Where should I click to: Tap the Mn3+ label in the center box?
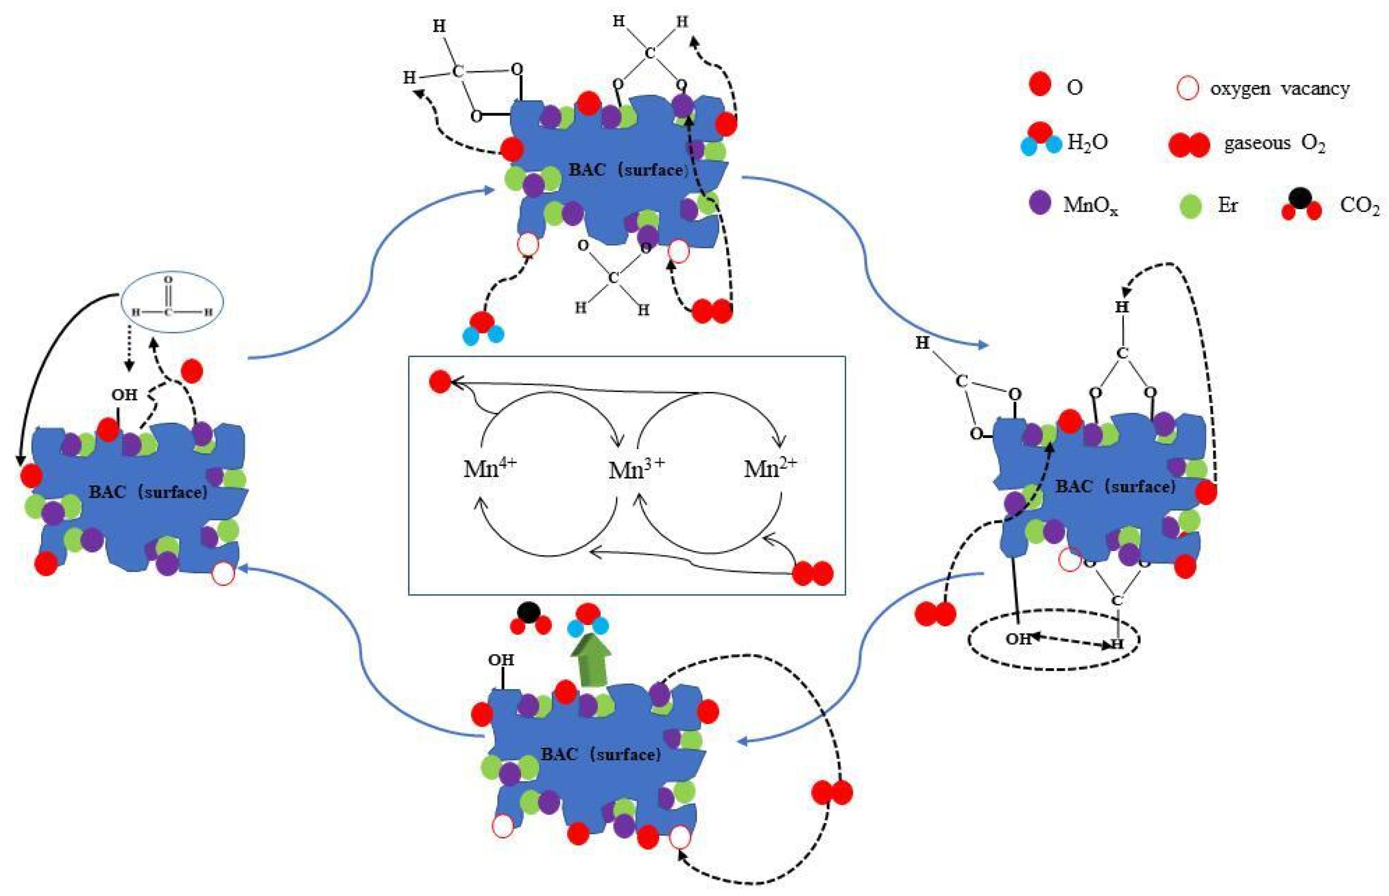[635, 469]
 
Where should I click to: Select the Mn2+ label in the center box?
[769, 467]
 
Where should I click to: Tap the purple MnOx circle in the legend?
[1040, 203]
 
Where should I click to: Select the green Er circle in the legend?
[1191, 206]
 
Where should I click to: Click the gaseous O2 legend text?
[1274, 143]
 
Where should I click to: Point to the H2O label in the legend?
[1087, 142]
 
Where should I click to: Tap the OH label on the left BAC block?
[124, 395]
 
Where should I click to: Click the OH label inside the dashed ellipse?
[1018, 639]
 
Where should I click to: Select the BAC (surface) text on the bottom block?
[600, 754]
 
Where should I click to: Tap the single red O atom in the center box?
[440, 383]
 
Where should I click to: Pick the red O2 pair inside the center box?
[813, 573]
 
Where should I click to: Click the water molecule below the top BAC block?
[483, 329]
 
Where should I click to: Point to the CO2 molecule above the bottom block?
[530, 619]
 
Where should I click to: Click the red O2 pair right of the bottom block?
[831, 792]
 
